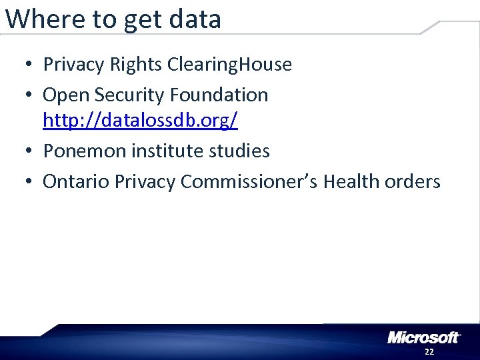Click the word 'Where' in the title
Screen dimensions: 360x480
(x=44, y=19)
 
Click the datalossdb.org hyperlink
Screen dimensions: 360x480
(x=140, y=121)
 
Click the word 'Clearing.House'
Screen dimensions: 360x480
(x=230, y=65)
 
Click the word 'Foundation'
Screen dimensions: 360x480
(x=219, y=95)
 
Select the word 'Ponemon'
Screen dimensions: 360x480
(x=85, y=151)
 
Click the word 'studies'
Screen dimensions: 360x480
(x=239, y=151)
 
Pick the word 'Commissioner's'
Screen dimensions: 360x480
(x=249, y=181)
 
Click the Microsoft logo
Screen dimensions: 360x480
(x=423, y=337)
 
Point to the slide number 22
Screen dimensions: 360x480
(x=429, y=351)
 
